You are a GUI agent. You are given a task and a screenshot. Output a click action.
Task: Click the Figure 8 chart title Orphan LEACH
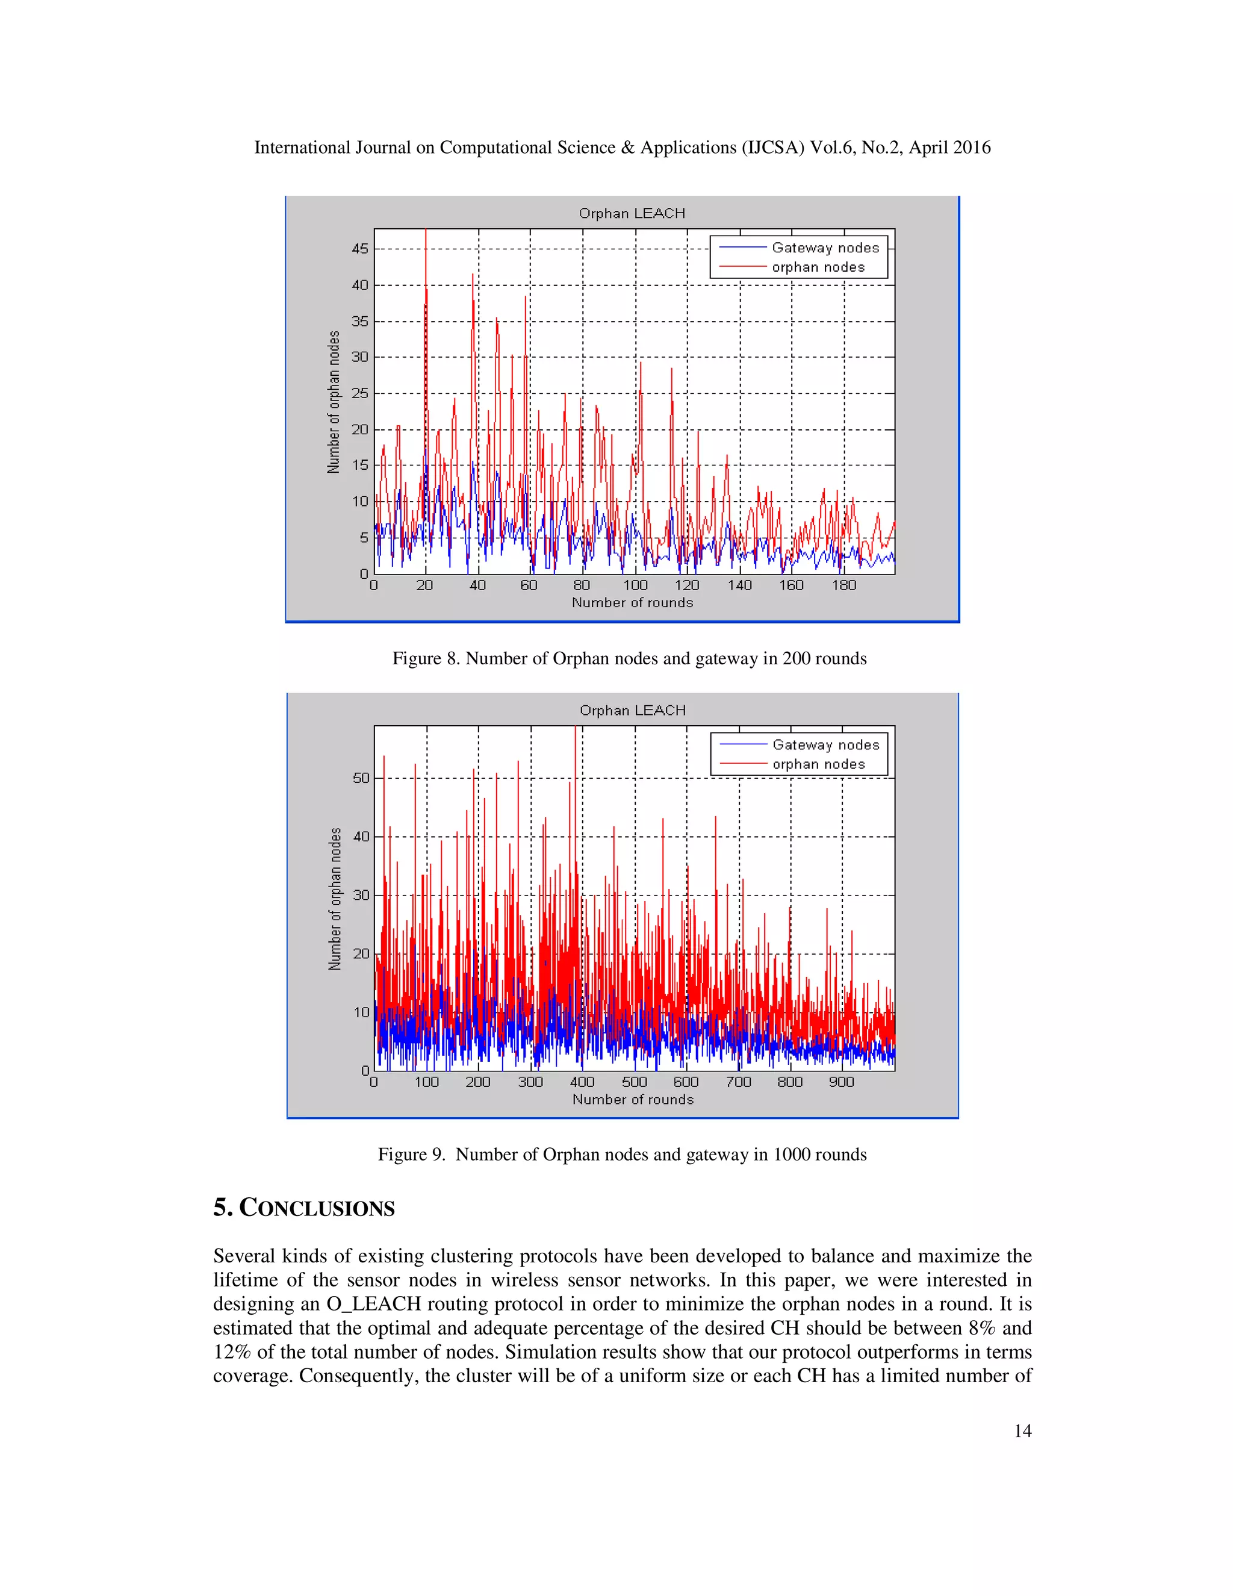pos(632,213)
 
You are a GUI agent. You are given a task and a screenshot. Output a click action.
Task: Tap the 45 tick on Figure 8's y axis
pos(360,249)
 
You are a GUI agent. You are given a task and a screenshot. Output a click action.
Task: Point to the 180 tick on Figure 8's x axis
pos(843,585)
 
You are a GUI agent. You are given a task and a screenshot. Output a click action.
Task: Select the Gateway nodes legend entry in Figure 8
pos(825,248)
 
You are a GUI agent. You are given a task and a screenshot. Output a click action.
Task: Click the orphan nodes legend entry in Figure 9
pos(818,764)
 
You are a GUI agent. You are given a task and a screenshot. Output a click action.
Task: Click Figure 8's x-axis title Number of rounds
pos(632,603)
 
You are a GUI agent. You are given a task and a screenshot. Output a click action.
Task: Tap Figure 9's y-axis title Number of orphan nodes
pos(335,899)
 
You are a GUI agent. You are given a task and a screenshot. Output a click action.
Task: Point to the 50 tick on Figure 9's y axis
pos(361,778)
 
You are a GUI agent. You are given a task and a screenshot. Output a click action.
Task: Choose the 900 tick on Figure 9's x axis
pos(842,1082)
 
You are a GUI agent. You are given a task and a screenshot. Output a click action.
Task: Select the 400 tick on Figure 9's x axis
pos(582,1082)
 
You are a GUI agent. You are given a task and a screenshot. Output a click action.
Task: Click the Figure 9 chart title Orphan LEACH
pos(633,710)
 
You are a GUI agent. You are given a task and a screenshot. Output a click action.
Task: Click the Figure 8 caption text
pos(629,658)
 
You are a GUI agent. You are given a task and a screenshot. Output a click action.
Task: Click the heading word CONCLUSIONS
pos(317,1208)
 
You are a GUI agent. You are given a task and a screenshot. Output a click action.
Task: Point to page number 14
pos(1023,1431)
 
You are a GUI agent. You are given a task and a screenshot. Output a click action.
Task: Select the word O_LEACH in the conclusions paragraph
pos(373,1304)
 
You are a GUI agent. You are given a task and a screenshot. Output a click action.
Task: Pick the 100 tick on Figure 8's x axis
pos(635,585)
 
